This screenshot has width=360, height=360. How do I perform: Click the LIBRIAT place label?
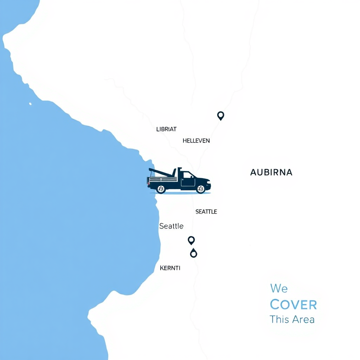click(x=166, y=129)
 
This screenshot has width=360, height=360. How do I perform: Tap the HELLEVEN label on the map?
click(x=196, y=141)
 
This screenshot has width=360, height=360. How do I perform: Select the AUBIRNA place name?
click(x=271, y=172)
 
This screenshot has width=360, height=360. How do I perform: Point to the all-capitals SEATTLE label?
click(x=206, y=212)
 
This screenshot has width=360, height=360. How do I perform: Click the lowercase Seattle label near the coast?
click(x=171, y=226)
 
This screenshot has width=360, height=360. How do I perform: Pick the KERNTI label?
click(x=170, y=268)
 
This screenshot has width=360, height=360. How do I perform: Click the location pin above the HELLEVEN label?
click(x=220, y=115)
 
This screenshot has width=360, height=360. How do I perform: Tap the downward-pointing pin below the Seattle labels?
click(x=191, y=240)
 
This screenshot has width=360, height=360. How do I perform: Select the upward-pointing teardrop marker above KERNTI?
click(x=193, y=253)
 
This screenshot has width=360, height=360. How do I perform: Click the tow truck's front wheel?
click(x=201, y=189)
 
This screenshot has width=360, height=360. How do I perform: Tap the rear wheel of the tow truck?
click(x=161, y=189)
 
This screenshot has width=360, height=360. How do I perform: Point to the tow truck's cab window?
click(x=188, y=175)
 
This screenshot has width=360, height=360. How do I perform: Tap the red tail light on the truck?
click(x=148, y=181)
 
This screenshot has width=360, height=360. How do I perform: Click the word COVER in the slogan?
click(x=293, y=304)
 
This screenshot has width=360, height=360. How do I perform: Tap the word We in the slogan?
click(x=279, y=289)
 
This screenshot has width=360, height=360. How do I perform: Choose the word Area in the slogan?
click(x=304, y=319)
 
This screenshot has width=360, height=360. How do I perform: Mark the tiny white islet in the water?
click(x=30, y=104)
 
